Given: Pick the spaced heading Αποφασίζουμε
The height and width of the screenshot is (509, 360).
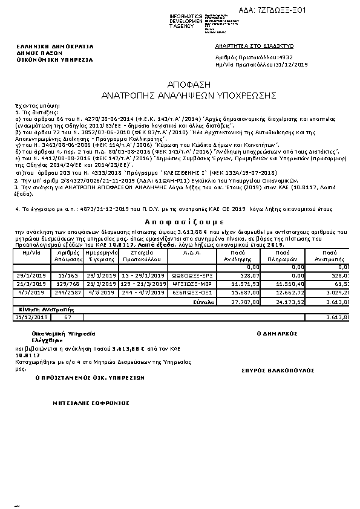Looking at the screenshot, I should [180, 222].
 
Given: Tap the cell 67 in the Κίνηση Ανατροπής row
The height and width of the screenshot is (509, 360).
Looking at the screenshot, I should [67, 317].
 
